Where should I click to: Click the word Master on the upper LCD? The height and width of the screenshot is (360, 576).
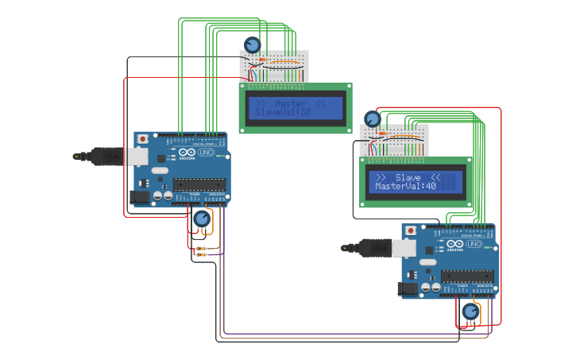click(290, 103)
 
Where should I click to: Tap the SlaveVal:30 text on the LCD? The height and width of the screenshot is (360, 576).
click(283, 114)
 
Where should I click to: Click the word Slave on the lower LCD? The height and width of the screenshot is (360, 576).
click(408, 177)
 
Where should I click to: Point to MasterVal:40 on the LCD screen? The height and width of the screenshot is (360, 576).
click(406, 187)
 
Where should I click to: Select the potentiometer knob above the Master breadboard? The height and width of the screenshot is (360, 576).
click(252, 45)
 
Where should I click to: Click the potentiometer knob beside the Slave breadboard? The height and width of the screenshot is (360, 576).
click(372, 119)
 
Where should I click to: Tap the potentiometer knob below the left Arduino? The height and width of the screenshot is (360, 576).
click(202, 219)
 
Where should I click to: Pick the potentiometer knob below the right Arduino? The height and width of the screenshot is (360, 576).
click(470, 312)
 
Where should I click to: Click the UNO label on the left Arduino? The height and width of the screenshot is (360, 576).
click(205, 152)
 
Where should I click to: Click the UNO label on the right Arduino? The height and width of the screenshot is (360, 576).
click(474, 244)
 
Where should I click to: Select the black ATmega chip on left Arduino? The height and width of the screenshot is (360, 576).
click(199, 184)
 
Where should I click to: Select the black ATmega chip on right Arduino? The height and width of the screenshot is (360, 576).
click(467, 277)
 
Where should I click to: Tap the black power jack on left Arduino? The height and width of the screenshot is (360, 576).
click(140, 196)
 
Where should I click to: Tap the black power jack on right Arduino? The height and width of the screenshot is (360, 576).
click(408, 288)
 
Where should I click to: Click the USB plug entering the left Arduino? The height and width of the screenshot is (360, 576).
click(108, 157)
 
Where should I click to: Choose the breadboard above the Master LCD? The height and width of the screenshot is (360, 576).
click(272, 67)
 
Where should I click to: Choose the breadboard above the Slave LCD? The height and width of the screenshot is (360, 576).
click(394, 140)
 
